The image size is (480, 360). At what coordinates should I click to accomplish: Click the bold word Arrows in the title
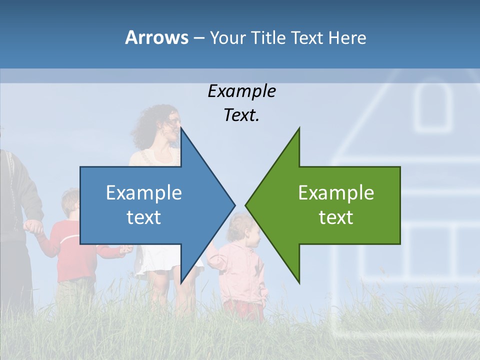point(156,37)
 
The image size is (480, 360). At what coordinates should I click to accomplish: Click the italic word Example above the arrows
point(241,91)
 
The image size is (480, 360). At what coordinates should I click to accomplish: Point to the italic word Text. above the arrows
point(241,115)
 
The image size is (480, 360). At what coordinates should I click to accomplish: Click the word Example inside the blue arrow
point(144,192)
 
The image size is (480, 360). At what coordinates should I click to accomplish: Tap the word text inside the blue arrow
point(144,217)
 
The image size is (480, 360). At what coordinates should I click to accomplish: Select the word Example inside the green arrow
point(336,192)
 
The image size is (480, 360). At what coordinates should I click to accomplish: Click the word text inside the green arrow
point(336,217)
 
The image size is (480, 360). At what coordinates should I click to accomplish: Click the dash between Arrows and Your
point(198,38)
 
